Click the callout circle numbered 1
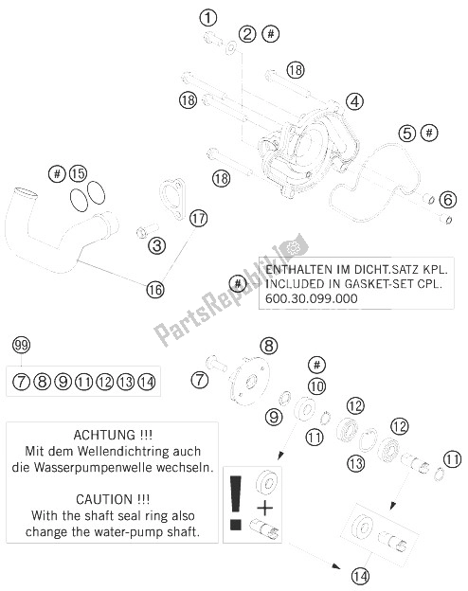pos(207,16)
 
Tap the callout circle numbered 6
pos(448,199)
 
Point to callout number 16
pos(155,289)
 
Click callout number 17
pos(197,219)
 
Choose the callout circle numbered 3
pos(158,246)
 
